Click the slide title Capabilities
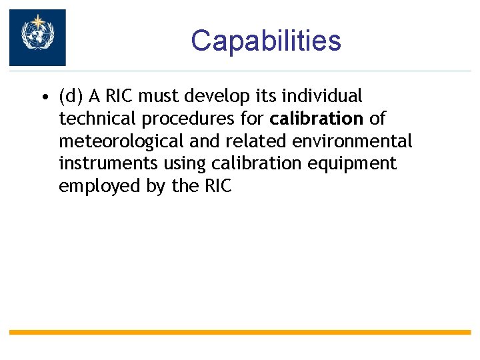pyautogui.click(x=265, y=40)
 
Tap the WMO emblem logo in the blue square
pyautogui.click(x=37, y=37)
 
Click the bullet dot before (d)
pyautogui.click(x=43, y=97)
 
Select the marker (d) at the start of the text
pyautogui.click(x=71, y=97)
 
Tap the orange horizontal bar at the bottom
pyautogui.click(x=240, y=332)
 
